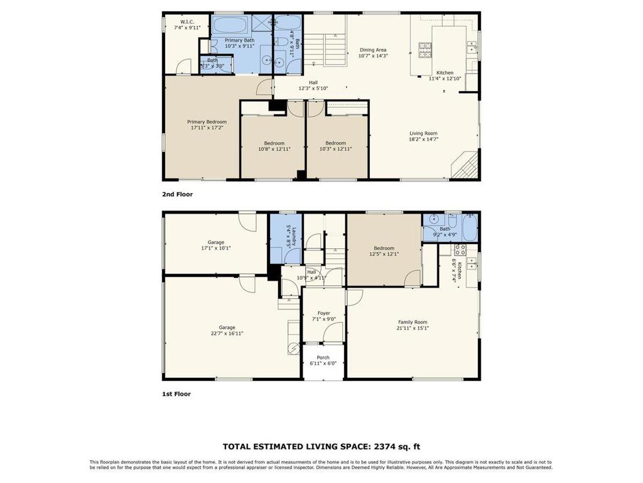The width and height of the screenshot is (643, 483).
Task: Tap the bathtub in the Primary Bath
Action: (231, 26)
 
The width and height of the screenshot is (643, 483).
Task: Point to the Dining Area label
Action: (372, 50)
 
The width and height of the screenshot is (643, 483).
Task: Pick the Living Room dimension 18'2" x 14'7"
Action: (423, 140)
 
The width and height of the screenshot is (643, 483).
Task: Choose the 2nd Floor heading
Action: (177, 194)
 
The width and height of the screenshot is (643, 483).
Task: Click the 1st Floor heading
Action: (176, 394)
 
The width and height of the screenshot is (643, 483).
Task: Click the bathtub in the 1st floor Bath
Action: (469, 228)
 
